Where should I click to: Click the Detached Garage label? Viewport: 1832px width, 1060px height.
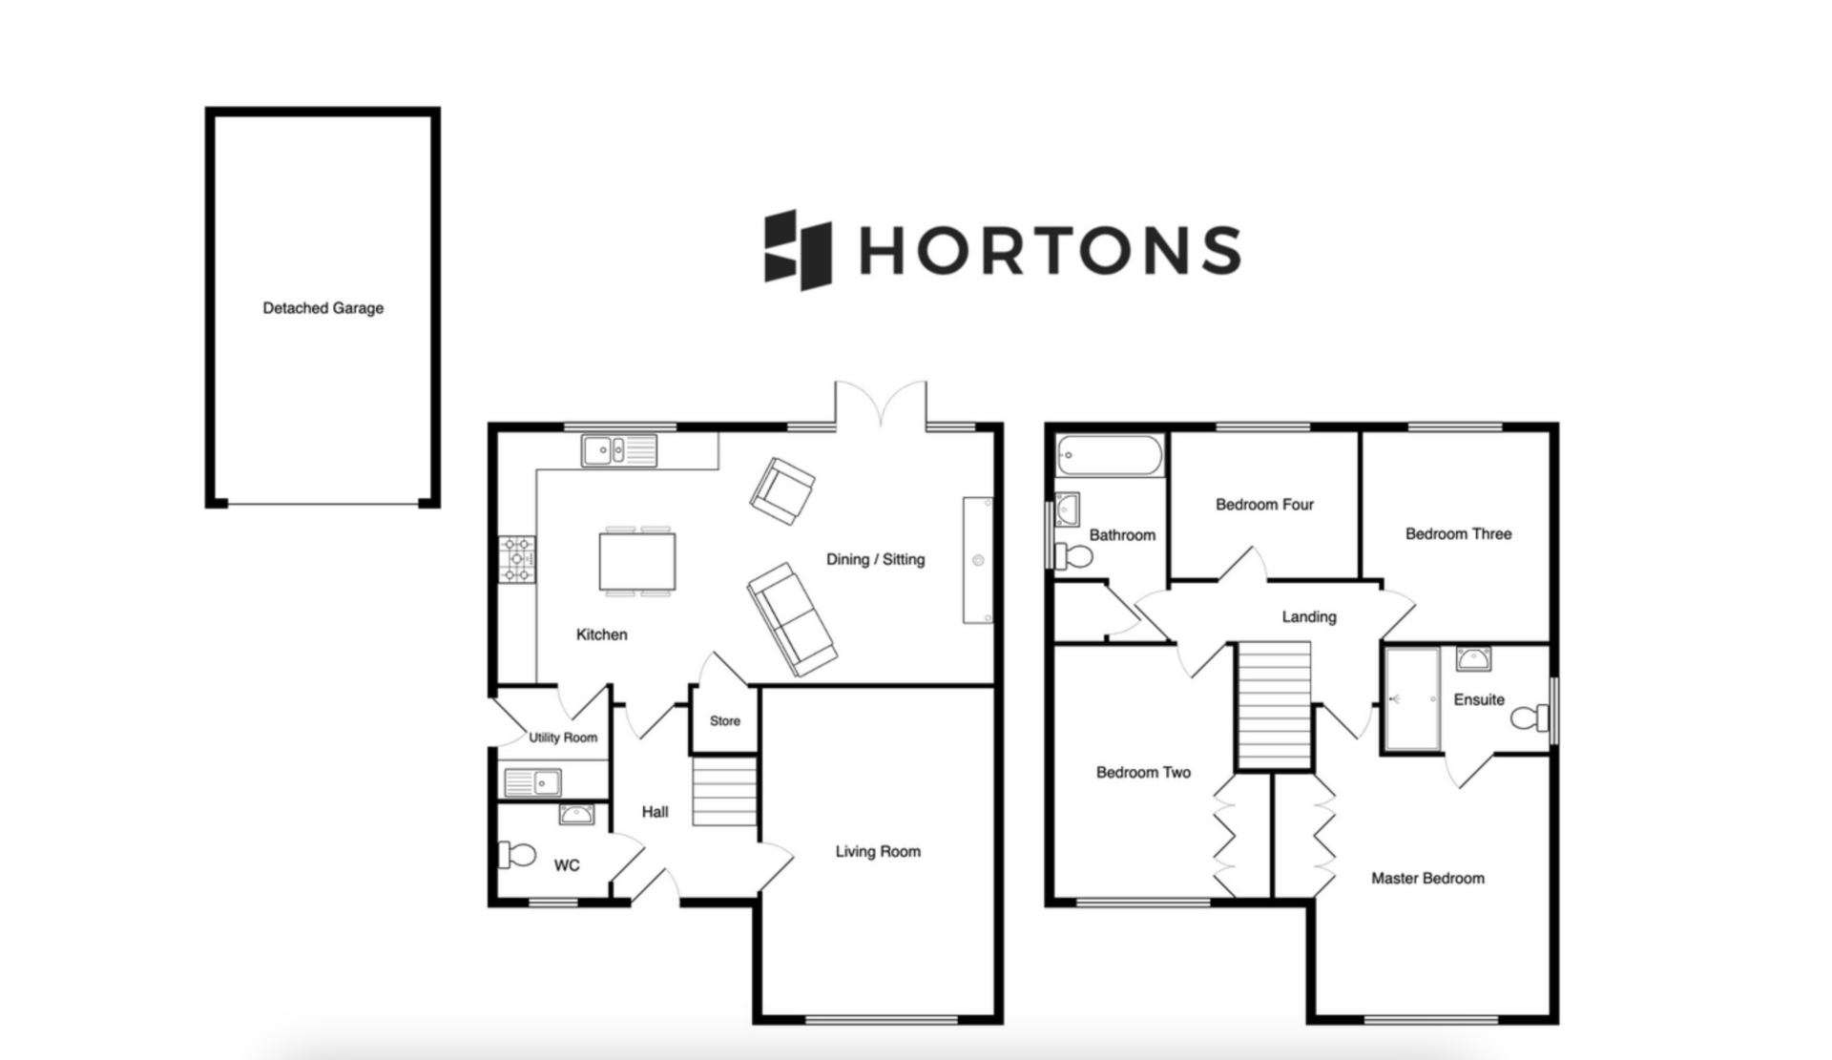click(323, 308)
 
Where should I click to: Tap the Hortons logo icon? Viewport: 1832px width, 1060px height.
click(798, 250)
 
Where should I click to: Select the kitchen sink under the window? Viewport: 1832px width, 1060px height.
click(619, 450)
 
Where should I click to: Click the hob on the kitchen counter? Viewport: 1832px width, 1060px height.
click(517, 559)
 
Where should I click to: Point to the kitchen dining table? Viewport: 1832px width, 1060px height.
click(637, 562)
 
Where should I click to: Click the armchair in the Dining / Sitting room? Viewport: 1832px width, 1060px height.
click(782, 490)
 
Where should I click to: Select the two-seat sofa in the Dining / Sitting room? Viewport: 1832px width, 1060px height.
click(792, 619)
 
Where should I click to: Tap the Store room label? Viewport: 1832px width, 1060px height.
click(725, 721)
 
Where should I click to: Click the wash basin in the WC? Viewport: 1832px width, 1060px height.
click(576, 815)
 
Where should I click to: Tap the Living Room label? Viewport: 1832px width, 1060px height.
click(878, 851)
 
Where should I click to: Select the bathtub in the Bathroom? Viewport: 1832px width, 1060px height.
click(1109, 456)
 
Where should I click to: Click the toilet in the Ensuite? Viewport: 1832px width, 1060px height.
click(1530, 717)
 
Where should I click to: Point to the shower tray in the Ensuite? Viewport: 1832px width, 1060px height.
click(1412, 699)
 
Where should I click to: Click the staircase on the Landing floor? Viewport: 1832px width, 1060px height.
click(1274, 704)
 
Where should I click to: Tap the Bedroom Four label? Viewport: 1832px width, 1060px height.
click(1264, 504)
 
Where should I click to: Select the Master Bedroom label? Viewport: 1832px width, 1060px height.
click(1427, 878)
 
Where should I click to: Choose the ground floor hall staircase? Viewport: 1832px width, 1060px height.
click(724, 791)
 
